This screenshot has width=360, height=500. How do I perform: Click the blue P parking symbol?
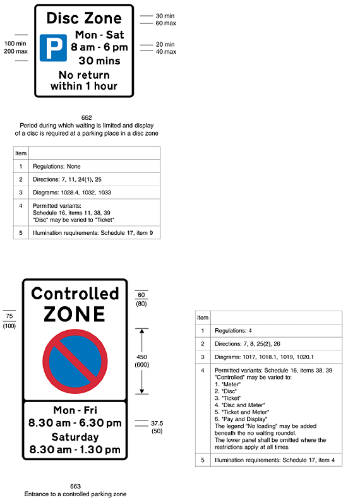53,47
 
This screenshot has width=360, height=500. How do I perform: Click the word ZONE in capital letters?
75,314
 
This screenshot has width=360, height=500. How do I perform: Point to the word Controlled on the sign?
75,294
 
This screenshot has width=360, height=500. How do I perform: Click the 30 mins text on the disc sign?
95,61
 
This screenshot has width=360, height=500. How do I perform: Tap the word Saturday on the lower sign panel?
76,437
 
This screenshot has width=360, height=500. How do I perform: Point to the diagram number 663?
75,486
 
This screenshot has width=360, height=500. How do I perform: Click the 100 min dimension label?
16,44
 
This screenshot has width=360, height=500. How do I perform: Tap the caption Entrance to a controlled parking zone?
75,494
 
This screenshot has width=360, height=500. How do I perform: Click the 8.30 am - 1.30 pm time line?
76,450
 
